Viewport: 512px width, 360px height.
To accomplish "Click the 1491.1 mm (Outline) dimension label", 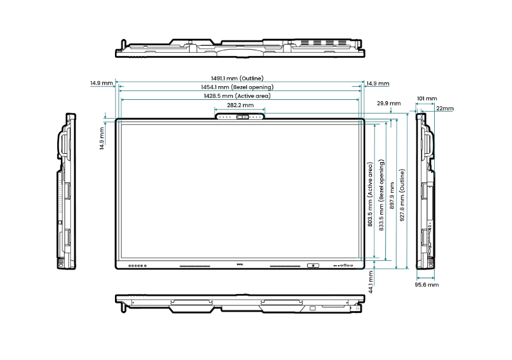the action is point(237,79).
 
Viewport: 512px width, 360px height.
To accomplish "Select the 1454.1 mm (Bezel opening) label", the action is point(237,87).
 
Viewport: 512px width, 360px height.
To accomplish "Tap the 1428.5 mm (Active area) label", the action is point(237,96).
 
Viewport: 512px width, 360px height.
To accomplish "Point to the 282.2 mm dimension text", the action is point(241,105).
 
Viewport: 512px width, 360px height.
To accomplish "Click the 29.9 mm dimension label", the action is point(389,103).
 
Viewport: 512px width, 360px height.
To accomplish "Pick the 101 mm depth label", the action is point(427,99).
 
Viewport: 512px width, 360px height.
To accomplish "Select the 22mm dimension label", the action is point(445,108).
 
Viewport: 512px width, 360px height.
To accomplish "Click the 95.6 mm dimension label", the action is point(427,285).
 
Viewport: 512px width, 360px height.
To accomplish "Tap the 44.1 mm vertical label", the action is point(371,282).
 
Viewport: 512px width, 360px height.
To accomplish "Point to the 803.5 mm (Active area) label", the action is point(370,194).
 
